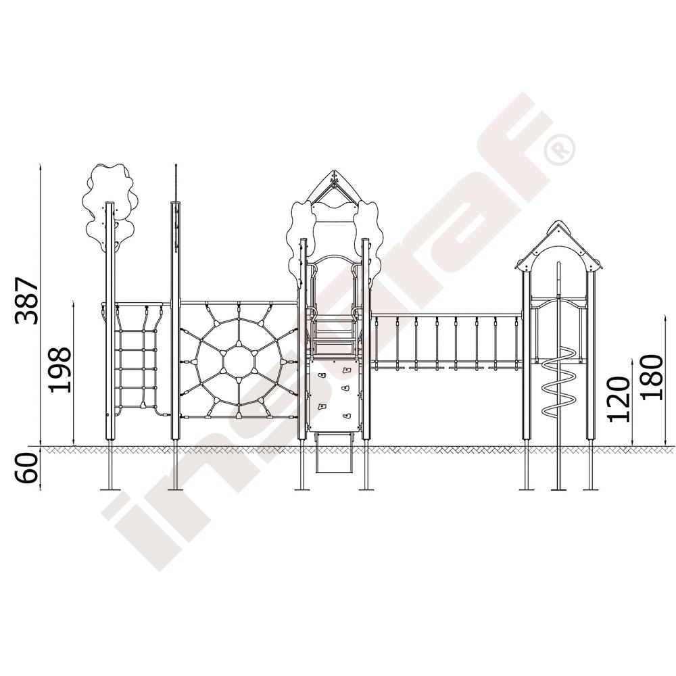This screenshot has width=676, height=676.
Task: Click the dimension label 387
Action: click(26, 301)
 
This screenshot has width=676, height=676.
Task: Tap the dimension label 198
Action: click(59, 370)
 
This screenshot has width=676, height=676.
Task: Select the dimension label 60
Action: click(26, 468)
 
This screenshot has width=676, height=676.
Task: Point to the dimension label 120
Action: click(619, 399)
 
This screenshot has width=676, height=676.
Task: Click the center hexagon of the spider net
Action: click(239, 361)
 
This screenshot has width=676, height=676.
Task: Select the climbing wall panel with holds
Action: click(335, 395)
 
